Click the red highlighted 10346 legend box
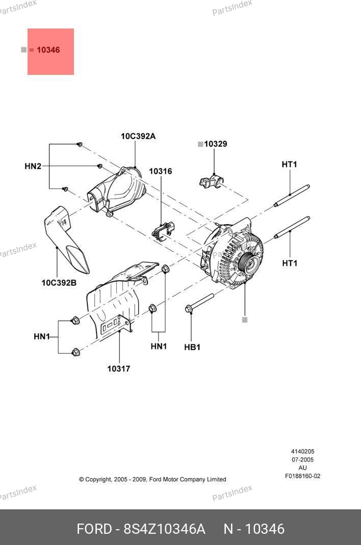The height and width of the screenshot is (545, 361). click(50, 51)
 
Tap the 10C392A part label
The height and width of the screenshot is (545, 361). click(138, 136)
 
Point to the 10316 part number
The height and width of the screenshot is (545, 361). click(160, 172)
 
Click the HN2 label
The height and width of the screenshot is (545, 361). click(33, 166)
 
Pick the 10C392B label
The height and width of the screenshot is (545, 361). click(59, 282)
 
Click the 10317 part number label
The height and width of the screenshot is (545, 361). click(118, 369)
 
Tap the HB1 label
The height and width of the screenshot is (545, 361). click(192, 347)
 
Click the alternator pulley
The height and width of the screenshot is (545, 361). click(251, 262)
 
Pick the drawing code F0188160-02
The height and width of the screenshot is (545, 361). click(302, 476)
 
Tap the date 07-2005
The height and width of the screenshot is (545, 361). click(302, 460)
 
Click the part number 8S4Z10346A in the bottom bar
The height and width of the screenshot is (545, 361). click(164, 529)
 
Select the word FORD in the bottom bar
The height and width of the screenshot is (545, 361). click(94, 529)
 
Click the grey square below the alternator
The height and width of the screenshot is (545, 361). click(245, 320)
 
